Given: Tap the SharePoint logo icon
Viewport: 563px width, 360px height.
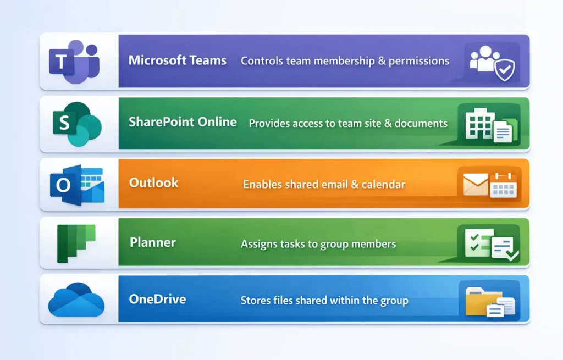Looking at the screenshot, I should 77,124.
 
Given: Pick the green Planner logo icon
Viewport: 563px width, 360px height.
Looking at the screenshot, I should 76,243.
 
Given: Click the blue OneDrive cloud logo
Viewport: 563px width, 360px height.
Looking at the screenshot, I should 76,300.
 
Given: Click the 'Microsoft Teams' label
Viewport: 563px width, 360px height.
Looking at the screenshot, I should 177,60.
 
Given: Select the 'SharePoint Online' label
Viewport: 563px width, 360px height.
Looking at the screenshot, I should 183,122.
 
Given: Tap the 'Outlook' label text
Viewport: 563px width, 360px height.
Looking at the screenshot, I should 153,182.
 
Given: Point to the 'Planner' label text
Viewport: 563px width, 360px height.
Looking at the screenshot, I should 152,242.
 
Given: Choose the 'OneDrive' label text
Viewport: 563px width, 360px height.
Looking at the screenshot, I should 157,300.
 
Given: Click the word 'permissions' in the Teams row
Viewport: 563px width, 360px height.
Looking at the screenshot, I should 418,61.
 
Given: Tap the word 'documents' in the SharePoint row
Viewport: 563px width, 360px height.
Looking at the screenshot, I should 420,124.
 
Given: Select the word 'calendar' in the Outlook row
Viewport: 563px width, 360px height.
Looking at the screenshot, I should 383,184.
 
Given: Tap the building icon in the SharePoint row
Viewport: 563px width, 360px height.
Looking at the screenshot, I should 477,124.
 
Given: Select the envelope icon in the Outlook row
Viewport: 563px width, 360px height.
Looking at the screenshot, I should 475,185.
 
